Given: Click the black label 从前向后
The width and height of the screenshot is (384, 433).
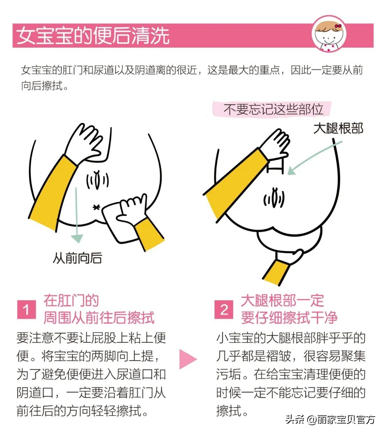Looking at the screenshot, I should point(77,258).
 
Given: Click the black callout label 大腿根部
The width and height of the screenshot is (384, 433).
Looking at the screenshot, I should point(338,128).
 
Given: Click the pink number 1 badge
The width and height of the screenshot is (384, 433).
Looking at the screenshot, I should point(26,310).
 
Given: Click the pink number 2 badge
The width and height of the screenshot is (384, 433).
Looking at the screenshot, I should point(224,310).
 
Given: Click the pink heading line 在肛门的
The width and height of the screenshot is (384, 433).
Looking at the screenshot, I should point(71,301).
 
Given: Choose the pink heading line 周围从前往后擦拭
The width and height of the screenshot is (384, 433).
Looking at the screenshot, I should point(99,318).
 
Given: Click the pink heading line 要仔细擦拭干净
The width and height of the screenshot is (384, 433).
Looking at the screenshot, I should point(289,318).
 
